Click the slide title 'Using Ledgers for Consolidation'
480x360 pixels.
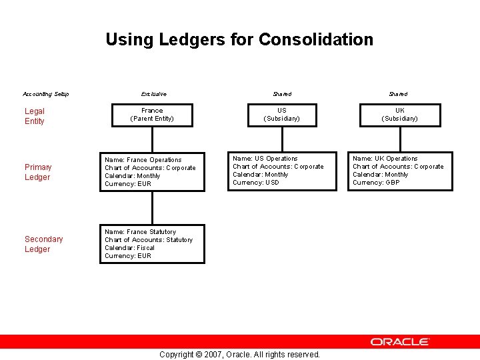[239, 39]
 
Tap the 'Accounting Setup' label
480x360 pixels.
[46, 94]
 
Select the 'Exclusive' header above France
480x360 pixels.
[153, 94]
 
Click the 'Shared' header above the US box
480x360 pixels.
[282, 94]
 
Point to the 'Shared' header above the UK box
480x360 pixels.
[398, 94]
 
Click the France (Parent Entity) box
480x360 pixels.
[152, 115]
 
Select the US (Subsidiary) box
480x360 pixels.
[282, 115]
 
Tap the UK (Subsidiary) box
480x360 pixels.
[399, 115]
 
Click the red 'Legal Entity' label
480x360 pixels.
[35, 116]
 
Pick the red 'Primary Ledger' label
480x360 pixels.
[38, 172]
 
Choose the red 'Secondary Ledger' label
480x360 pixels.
[43, 244]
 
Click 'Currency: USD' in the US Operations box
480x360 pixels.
[256, 183]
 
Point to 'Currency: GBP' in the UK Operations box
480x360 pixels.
[376, 183]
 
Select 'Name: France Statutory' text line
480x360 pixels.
[140, 232]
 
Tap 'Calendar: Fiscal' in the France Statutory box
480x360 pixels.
[129, 248]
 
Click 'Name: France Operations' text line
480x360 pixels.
[143, 160]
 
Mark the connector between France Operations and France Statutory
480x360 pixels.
[152, 207]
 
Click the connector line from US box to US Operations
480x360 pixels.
[282, 139]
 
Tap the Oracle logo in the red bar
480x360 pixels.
[400, 341]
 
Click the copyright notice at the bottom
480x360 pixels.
[239, 355]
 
